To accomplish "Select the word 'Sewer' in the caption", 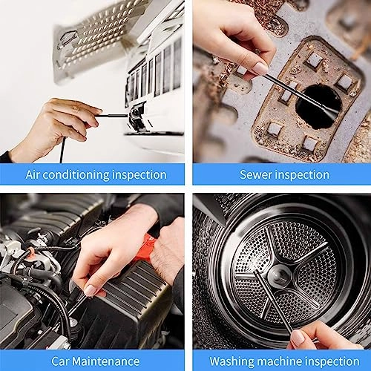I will pos(255,174).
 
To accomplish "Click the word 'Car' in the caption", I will pos(62,361).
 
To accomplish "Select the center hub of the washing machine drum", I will pos(278,277).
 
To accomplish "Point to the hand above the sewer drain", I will pos(234,37).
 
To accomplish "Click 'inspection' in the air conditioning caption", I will pos(141,174).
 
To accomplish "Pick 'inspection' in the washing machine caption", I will pos(331,361).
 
